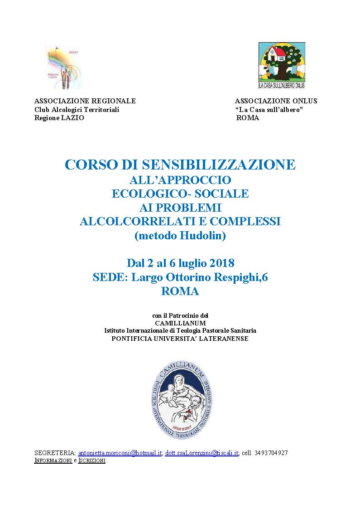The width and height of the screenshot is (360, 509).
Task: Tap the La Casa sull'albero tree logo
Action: click(282, 65)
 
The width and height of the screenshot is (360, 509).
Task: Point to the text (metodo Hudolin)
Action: click(180, 236)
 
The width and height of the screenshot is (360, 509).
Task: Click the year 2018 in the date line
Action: click(219, 263)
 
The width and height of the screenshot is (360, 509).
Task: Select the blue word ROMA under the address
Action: click(180, 291)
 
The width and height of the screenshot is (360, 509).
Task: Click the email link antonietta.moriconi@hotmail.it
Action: click(120, 453)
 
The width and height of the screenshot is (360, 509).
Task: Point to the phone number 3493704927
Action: click(270, 453)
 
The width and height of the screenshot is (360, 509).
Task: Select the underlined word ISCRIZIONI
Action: click(92, 461)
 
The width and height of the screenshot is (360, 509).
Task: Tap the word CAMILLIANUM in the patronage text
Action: click(180, 323)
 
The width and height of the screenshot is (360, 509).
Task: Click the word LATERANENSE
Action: click(224, 339)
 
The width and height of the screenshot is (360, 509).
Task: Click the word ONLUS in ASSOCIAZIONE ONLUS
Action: click(304, 101)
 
